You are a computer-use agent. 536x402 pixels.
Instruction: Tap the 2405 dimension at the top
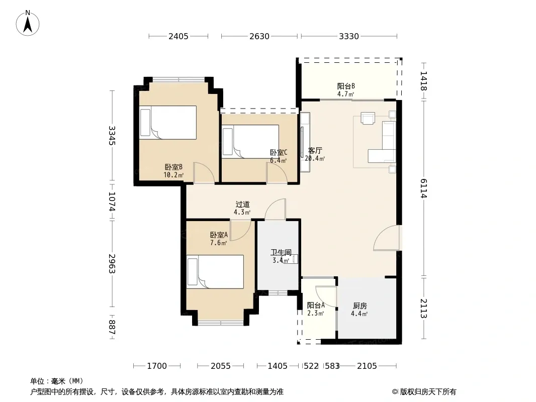[x=178, y=36]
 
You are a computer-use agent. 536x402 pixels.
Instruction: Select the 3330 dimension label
[x=349, y=36]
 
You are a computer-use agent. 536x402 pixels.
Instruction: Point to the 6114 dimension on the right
[x=424, y=188]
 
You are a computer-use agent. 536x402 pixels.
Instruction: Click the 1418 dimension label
[x=424, y=81]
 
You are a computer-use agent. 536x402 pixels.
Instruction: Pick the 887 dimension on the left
[x=112, y=327]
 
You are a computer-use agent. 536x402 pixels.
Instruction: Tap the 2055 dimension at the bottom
[x=221, y=366]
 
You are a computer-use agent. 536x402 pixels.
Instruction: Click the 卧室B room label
[x=173, y=167]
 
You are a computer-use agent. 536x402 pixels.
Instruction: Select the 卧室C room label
[x=279, y=152]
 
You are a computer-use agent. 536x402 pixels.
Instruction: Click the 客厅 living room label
[x=315, y=150]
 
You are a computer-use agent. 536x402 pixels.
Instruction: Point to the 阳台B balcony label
[x=346, y=86]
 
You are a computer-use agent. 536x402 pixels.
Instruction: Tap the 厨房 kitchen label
[x=360, y=306]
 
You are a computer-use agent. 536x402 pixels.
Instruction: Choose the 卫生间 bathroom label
[x=281, y=252]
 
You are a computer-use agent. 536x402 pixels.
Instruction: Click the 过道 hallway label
[x=243, y=204]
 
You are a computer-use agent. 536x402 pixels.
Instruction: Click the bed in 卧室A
[x=215, y=271]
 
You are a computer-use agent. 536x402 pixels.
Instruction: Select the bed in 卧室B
[x=168, y=122]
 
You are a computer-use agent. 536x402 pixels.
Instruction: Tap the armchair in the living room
[x=368, y=118]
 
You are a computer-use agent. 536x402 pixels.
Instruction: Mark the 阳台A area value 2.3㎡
[x=315, y=313]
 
